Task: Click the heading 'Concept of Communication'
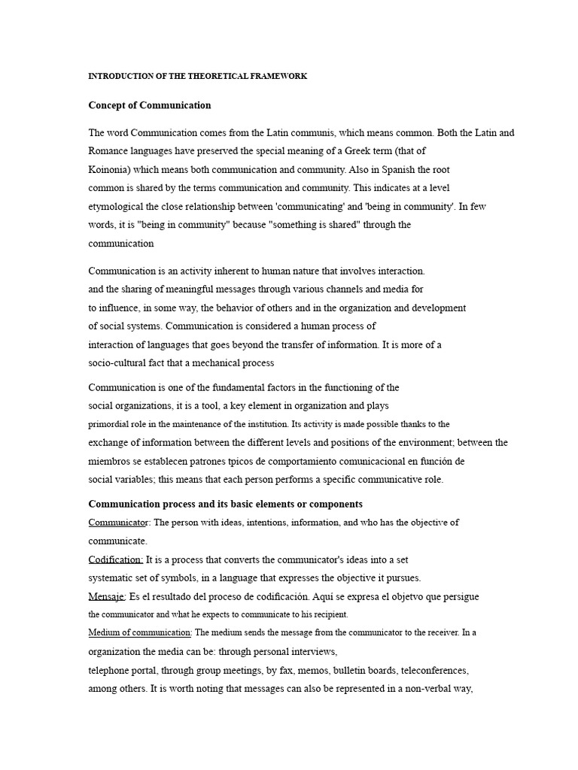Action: click(150, 105)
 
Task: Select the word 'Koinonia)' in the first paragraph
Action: click(110, 170)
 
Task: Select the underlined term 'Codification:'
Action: click(116, 559)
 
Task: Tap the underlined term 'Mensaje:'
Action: click(107, 596)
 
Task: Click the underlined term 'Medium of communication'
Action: click(139, 633)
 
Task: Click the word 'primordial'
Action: click(108, 424)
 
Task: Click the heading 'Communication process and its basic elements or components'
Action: click(226, 504)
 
